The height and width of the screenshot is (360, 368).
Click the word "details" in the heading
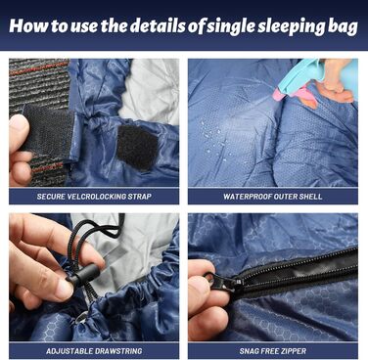click(x=159, y=25)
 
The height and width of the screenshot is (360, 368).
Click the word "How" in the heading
click(x=28, y=25)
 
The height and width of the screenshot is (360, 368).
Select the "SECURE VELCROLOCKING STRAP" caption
click(x=94, y=197)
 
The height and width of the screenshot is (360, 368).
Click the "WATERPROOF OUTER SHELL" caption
click(x=273, y=197)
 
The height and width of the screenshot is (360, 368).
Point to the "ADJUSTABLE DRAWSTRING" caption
click(x=94, y=351)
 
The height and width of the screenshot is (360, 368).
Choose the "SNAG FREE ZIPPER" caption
click(x=273, y=351)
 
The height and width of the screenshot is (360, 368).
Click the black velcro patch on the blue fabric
click(x=137, y=147)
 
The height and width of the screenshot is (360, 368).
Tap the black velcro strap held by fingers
click(x=49, y=129)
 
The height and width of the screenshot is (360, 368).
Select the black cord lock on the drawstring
click(x=82, y=275)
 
